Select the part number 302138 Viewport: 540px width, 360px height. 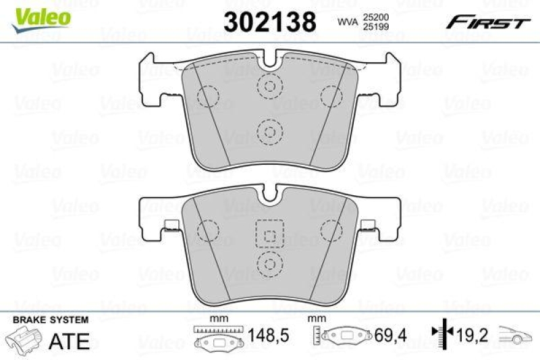[x=269, y=22]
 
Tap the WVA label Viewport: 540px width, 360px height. [x=346, y=22]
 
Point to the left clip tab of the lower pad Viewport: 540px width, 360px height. [x=170, y=226]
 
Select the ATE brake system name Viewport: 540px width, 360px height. [x=69, y=340]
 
